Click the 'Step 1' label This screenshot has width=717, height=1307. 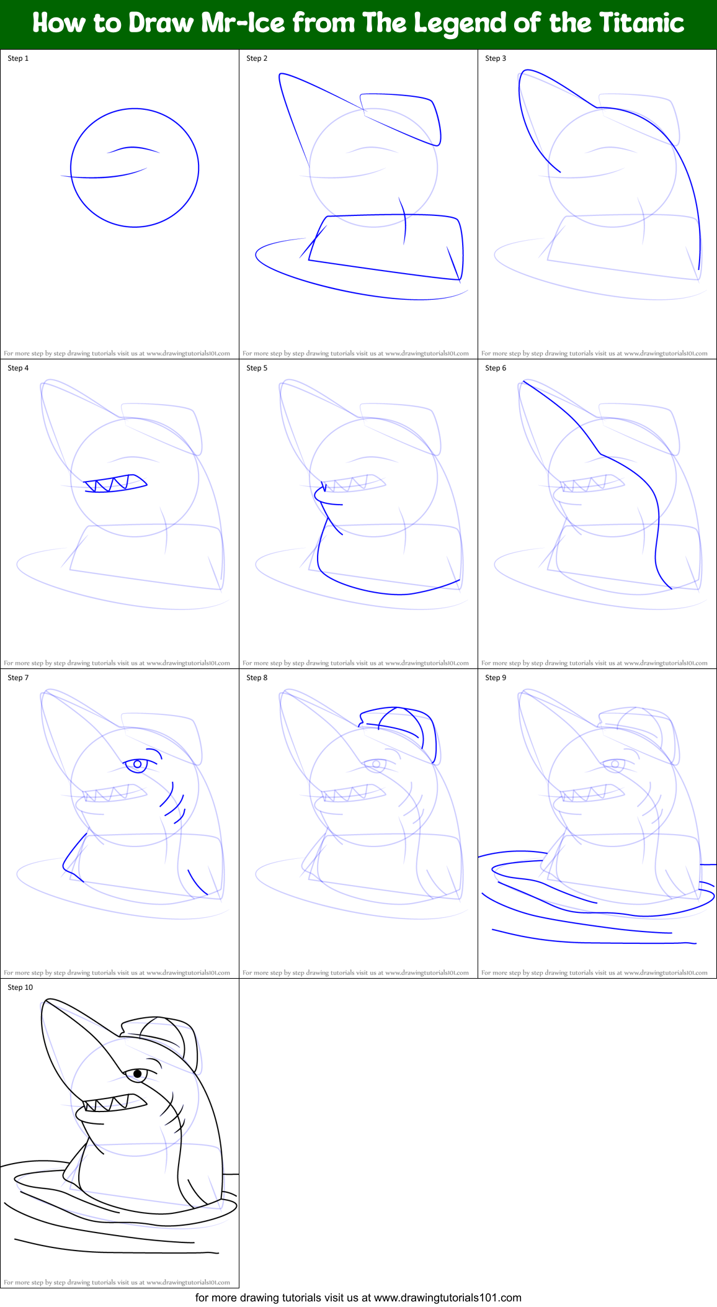pyautogui.click(x=18, y=58)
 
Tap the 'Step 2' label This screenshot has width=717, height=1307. pyautogui.click(x=257, y=58)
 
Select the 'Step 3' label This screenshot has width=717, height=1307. pyautogui.click(x=496, y=58)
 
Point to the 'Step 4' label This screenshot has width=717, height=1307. pyautogui.click(x=18, y=368)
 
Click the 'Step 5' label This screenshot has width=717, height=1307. pyautogui.click(x=257, y=368)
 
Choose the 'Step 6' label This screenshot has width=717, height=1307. pyautogui.click(x=496, y=368)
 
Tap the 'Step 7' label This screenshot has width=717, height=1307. pyautogui.click(x=18, y=678)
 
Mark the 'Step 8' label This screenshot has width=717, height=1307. pyautogui.click(x=257, y=678)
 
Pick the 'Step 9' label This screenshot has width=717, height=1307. pyautogui.click(x=496, y=678)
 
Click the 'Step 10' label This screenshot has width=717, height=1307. pyautogui.click(x=20, y=987)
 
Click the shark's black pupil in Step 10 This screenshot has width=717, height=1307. pyautogui.click(x=138, y=1074)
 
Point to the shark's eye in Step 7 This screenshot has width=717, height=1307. pyautogui.click(x=137, y=764)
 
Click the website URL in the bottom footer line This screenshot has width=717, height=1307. pyautogui.click(x=447, y=1298)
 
